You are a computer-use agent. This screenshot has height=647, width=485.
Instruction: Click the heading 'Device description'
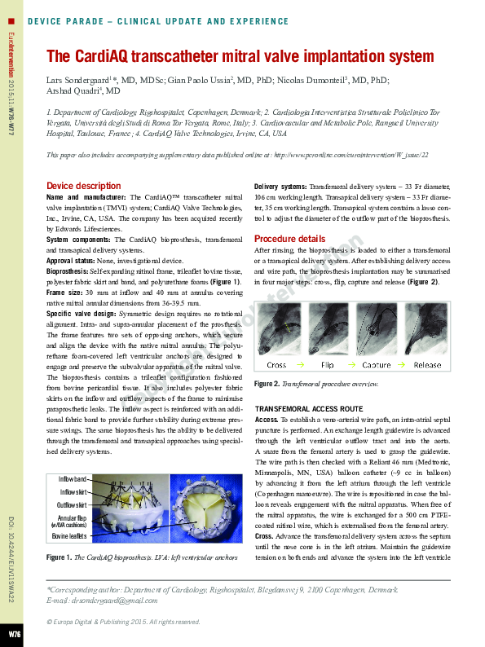(83, 186)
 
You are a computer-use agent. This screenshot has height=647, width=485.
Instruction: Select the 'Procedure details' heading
(290, 239)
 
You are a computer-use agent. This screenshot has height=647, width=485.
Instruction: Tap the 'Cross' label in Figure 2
(276, 365)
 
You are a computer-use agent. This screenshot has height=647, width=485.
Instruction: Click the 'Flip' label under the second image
(327, 365)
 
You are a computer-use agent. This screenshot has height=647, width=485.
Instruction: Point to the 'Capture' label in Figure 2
(377, 365)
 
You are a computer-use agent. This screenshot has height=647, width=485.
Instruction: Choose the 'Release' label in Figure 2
(427, 365)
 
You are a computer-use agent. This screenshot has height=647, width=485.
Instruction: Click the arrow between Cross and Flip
(302, 365)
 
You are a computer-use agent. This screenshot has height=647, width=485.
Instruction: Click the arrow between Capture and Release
(402, 365)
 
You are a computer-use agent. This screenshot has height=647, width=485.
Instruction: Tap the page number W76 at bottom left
(15, 633)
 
